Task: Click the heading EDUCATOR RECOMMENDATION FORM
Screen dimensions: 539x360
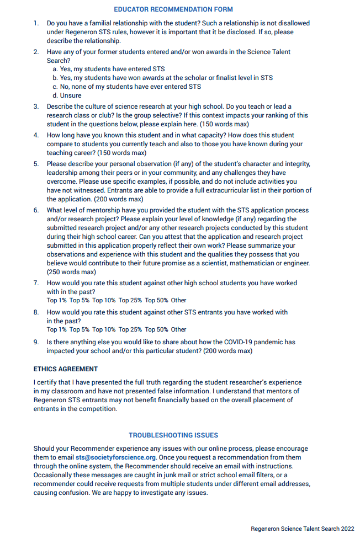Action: [x=173, y=9]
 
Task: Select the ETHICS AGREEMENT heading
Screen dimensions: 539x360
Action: [x=66, y=369]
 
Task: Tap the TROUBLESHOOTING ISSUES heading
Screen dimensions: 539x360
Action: [x=173, y=435]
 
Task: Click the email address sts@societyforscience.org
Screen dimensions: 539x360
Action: [x=116, y=457]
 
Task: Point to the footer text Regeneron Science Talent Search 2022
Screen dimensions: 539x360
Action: [x=302, y=529]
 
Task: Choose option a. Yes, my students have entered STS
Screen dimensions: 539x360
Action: [x=108, y=69]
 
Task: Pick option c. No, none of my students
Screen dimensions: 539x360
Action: [x=126, y=87]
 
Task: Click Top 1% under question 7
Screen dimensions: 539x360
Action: [x=56, y=300]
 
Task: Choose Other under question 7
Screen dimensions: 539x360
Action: [x=178, y=300]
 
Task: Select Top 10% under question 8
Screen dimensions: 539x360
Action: [x=104, y=329]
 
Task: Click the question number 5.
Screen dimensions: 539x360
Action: [x=36, y=164]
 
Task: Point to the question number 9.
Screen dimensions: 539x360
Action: [x=36, y=342]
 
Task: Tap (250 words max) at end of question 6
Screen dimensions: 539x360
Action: [x=71, y=271]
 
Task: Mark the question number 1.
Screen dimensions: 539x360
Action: [x=36, y=23]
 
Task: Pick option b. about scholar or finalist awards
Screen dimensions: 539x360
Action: [x=162, y=78]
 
